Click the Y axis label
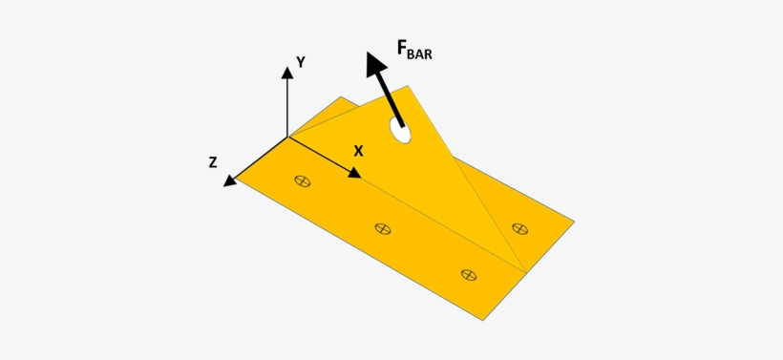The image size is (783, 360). (x=300, y=62)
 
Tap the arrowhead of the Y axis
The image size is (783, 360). (x=286, y=71)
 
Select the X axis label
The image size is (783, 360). (x=358, y=151)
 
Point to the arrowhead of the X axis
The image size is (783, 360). (x=354, y=173)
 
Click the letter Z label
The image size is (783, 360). (x=213, y=163)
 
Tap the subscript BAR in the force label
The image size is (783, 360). (x=421, y=54)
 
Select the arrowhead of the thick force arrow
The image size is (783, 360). (x=374, y=63)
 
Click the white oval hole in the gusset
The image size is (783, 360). (x=401, y=132)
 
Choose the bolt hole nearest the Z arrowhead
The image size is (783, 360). (x=303, y=180)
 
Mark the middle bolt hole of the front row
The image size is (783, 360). (x=383, y=228)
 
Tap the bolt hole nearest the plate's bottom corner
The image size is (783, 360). (x=468, y=274)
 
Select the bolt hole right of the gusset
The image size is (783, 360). (x=519, y=228)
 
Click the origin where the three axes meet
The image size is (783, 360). (x=287, y=137)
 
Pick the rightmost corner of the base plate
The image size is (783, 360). (x=574, y=222)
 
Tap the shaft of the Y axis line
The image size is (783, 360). (x=286, y=105)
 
